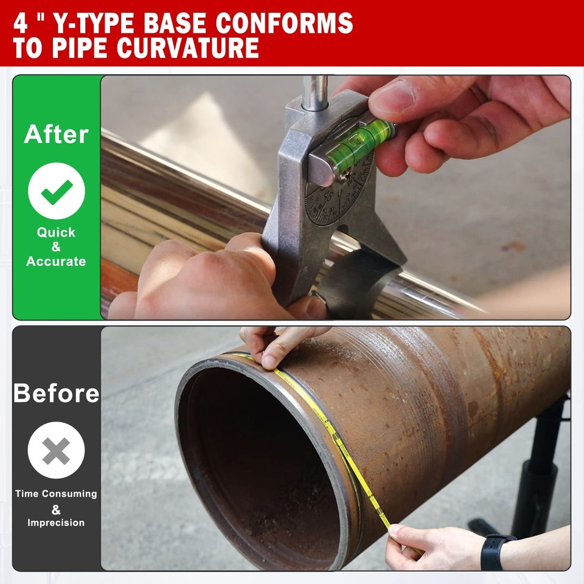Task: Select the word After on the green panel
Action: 56,134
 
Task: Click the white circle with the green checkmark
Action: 56,191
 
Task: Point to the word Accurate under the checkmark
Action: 56,262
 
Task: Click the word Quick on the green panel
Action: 56,232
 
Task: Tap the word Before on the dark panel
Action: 56,393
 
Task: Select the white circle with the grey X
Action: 56,451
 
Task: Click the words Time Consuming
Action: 56,494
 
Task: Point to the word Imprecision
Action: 56,523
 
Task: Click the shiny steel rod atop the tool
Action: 315,91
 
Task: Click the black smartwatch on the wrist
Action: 494,551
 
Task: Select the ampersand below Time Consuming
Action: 56,509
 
